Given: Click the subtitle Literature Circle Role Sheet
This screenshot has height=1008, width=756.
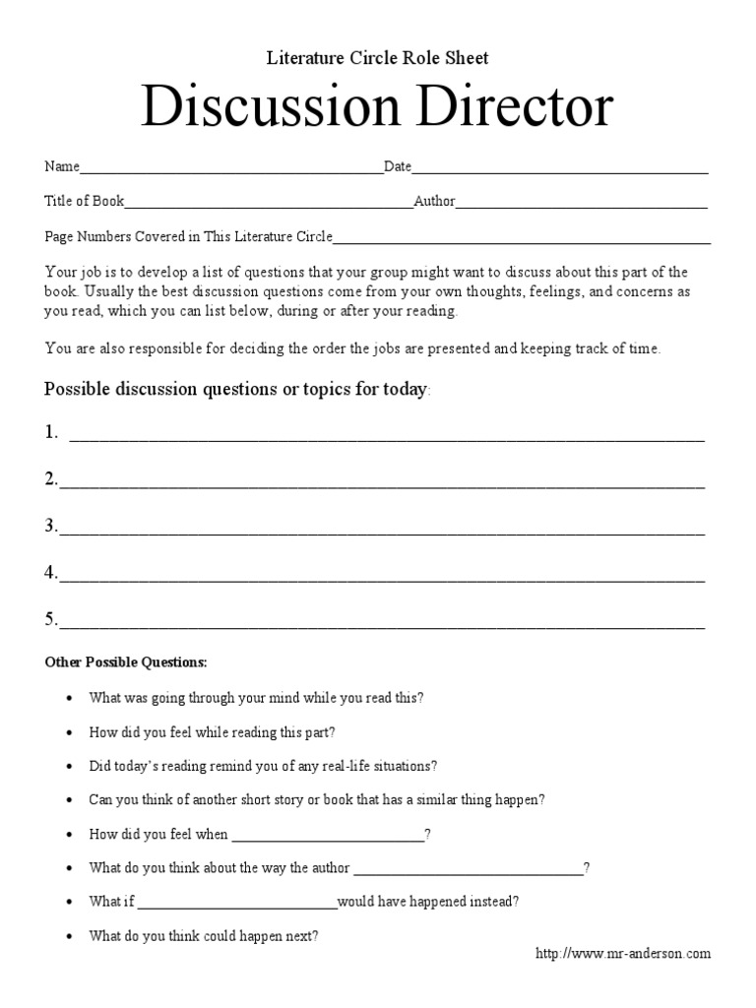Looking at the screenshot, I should pos(378,58).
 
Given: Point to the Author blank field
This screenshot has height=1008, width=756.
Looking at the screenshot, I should pos(582,206).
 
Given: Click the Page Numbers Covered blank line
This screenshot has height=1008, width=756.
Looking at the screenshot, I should pos(522,240).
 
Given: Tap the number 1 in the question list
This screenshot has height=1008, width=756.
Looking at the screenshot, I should pos(50,432).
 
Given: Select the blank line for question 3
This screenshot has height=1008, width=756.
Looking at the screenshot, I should pos(382,531).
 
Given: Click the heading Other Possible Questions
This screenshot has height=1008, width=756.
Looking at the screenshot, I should pos(126,661).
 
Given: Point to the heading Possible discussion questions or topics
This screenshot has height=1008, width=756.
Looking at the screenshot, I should pos(235,389).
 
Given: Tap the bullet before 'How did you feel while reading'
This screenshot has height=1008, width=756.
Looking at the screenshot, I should pos(69,733).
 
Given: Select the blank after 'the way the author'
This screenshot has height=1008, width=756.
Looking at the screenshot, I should pos(468,872).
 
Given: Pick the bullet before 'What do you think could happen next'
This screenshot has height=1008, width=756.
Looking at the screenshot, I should pos(69,937).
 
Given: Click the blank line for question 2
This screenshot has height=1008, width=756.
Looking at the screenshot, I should pos(382,483).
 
